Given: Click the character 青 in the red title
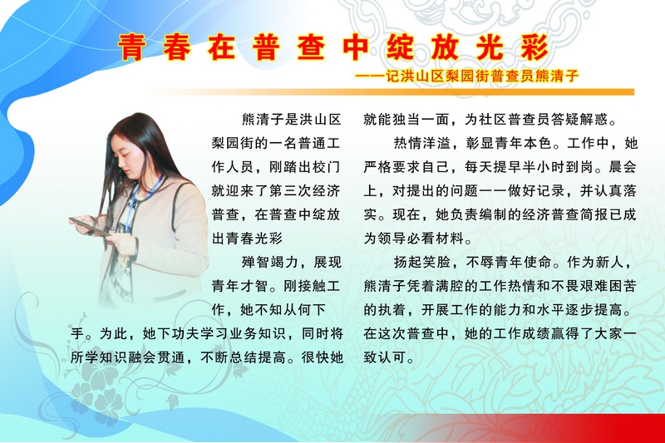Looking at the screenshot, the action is [132, 47].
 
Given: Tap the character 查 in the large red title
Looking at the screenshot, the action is [311, 47].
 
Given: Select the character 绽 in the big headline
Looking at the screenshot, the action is [401, 47].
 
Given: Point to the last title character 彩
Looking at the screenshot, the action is [534, 47].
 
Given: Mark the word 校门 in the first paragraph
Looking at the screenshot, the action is [327, 167].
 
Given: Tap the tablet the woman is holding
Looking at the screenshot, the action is [90, 225].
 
